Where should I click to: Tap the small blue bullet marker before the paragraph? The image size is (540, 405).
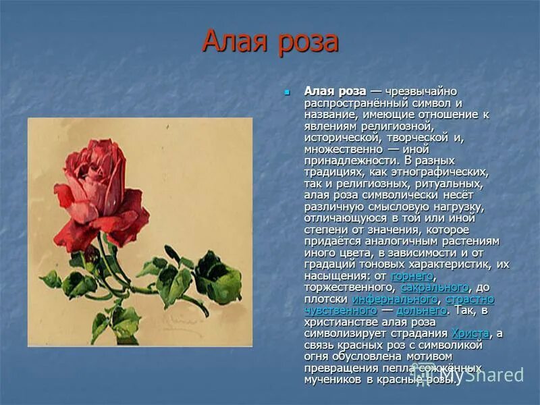(x=287, y=91)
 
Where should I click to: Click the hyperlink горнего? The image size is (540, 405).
(x=412, y=276)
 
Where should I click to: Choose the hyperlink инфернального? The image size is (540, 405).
(x=396, y=299)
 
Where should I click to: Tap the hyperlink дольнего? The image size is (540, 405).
(x=421, y=310)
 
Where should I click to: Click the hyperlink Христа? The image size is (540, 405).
(x=470, y=333)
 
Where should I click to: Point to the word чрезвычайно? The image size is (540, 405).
(x=424, y=91)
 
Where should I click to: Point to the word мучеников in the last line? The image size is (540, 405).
(x=334, y=379)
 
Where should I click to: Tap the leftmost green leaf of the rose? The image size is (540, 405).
(x=51, y=278)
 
